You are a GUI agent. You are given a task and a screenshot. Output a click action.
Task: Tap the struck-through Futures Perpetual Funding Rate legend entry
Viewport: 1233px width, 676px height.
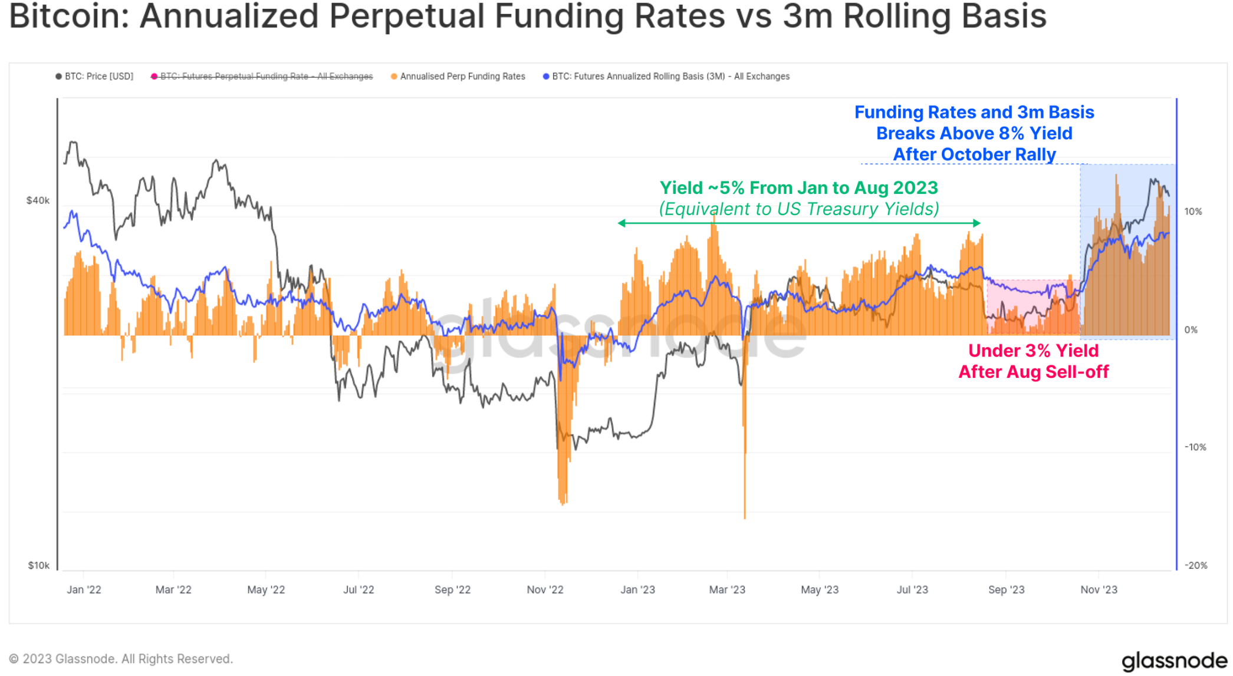pos(262,77)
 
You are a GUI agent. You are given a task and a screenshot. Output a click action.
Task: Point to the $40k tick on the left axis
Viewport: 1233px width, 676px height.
pos(38,200)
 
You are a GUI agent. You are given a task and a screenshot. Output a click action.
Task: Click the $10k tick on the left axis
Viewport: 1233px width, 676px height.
pos(39,565)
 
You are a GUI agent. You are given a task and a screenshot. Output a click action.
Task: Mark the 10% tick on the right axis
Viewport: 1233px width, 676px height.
pos(1193,212)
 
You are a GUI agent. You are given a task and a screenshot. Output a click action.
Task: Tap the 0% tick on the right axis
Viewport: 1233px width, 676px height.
pos(1191,329)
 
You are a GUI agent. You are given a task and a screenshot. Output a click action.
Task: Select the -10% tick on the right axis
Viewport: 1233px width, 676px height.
pos(1195,447)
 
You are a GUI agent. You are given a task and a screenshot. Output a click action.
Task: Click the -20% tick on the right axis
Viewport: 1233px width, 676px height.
pos(1195,565)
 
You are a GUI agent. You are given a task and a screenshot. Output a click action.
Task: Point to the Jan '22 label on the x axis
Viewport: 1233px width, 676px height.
pos(84,589)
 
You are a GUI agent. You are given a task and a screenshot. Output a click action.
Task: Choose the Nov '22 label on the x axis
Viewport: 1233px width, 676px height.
pos(545,589)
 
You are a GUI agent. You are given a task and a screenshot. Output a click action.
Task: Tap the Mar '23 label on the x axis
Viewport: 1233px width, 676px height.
pos(727,589)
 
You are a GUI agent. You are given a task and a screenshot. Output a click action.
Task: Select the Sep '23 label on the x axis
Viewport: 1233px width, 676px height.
pos(1006,589)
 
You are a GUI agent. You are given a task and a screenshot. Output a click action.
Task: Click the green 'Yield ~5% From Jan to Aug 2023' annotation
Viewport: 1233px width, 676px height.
pos(798,188)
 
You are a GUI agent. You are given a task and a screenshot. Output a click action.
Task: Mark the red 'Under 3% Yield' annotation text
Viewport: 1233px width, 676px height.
pos(1033,351)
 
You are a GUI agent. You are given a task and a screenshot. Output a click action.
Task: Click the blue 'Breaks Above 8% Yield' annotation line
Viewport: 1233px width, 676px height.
pos(974,134)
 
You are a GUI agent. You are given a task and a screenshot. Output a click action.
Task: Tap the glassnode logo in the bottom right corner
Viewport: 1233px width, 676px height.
pos(1174,661)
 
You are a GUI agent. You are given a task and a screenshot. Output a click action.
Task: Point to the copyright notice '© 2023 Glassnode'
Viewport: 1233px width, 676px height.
pos(121,659)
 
